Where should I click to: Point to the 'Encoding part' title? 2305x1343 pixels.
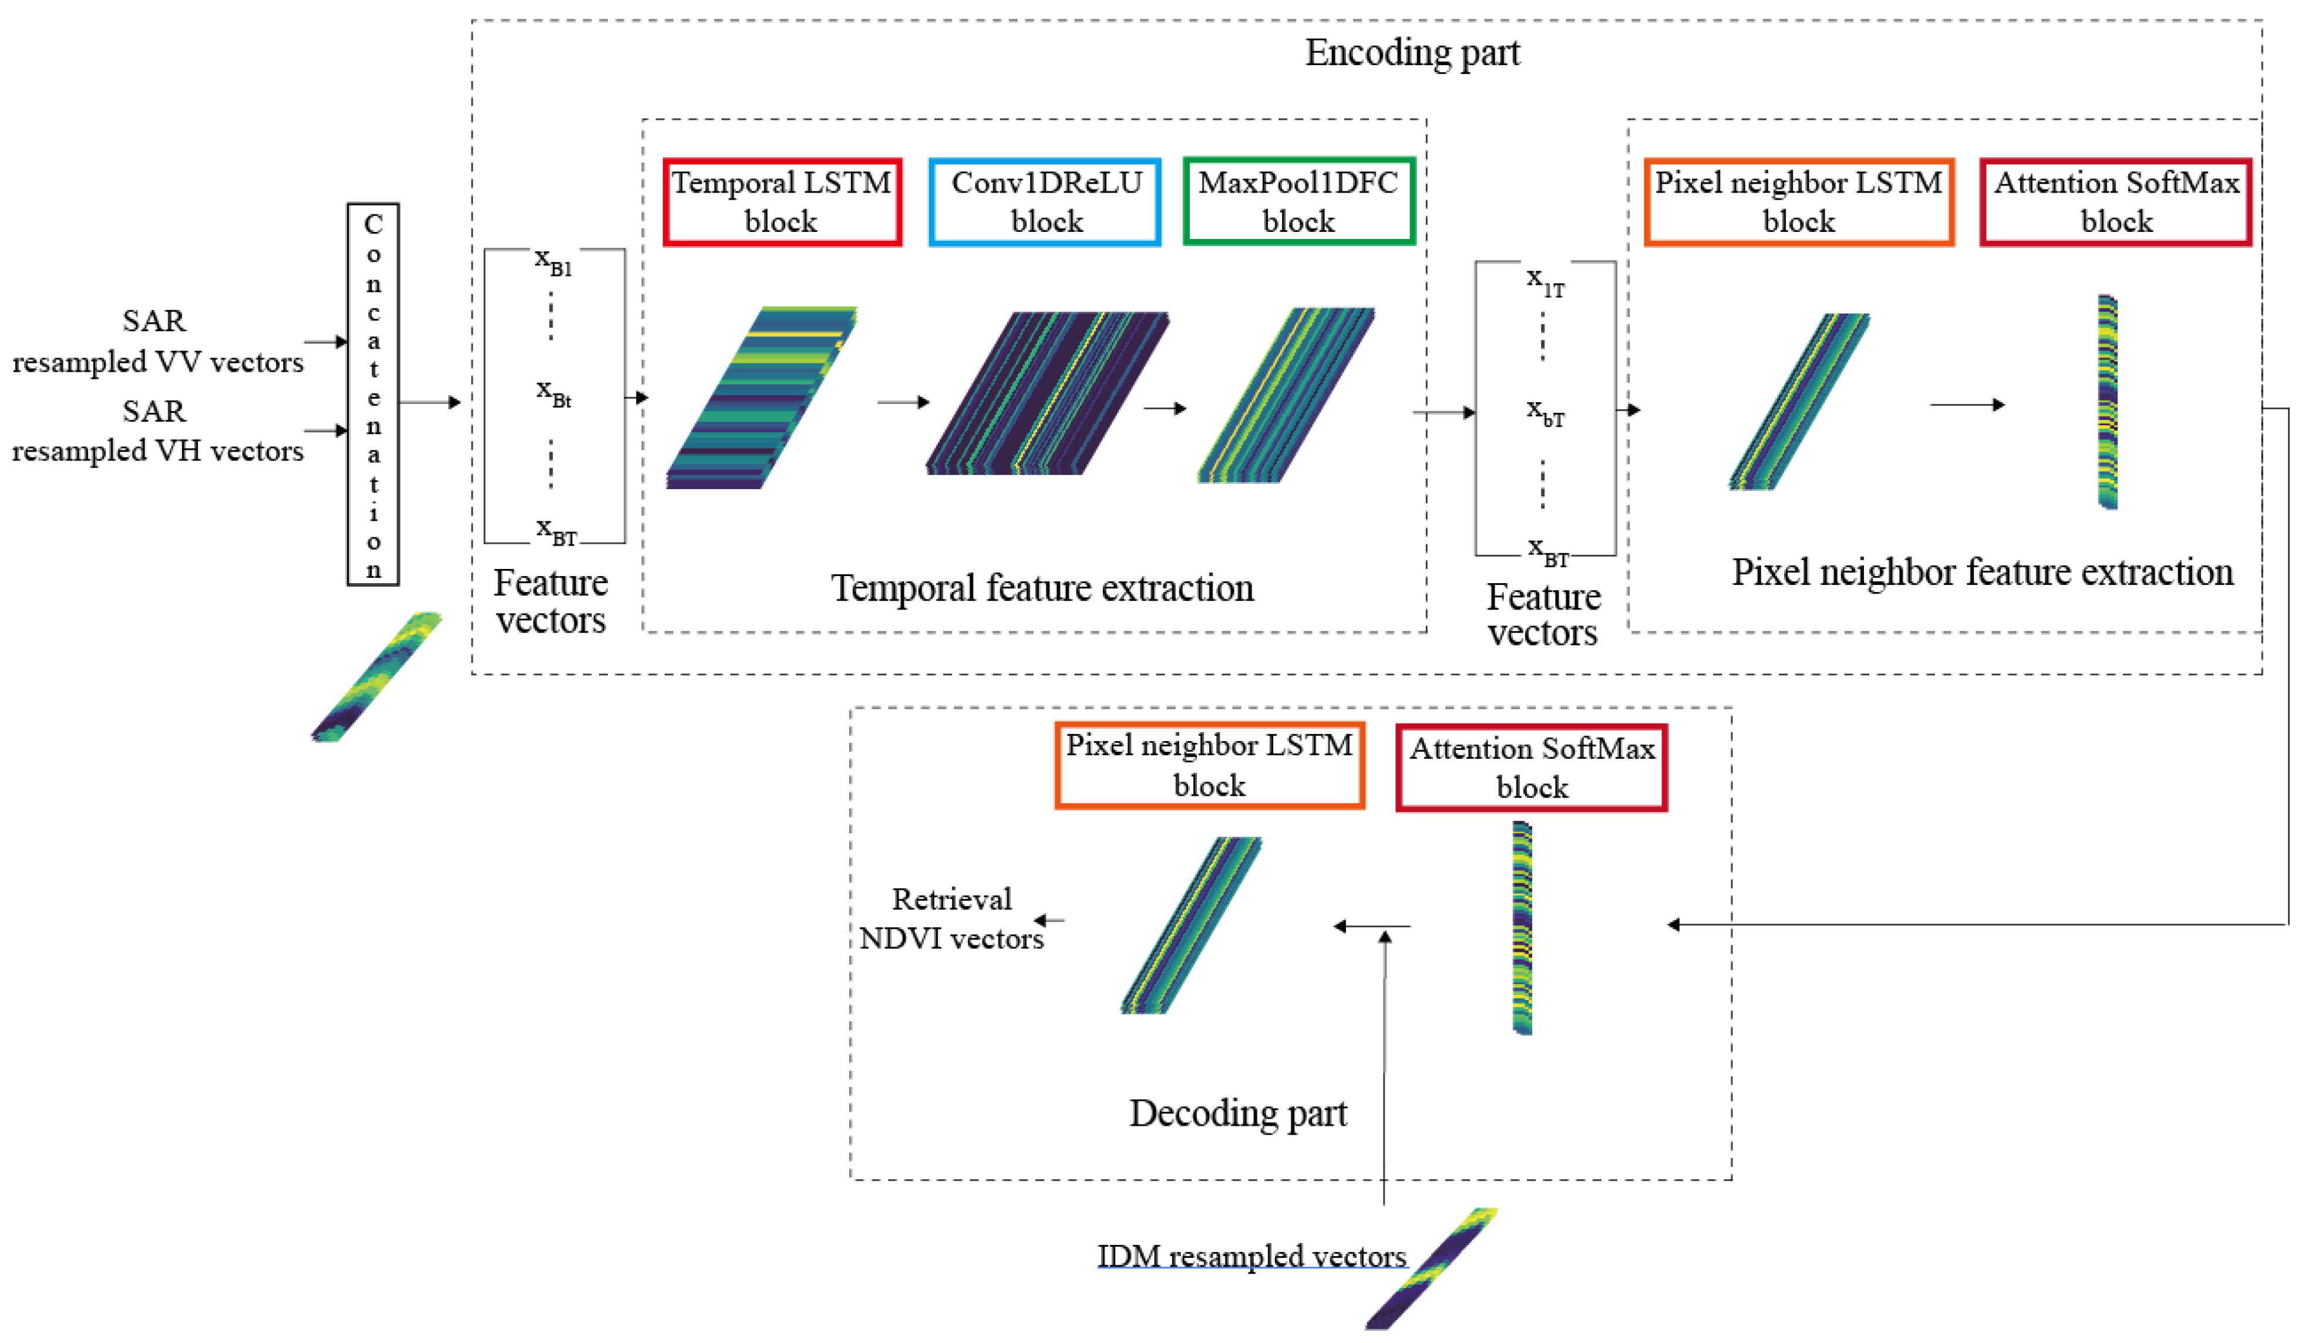click(x=1412, y=53)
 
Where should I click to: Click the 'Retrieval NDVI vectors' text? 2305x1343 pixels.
click(x=951, y=918)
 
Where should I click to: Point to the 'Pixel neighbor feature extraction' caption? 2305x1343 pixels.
click(x=1982, y=573)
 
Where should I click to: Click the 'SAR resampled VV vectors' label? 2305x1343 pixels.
click(x=157, y=341)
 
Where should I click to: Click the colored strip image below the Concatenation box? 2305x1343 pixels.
click(x=376, y=677)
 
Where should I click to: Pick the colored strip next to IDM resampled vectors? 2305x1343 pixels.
click(x=1432, y=1268)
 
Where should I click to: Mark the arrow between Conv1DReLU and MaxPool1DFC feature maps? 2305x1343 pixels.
click(x=1165, y=408)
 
